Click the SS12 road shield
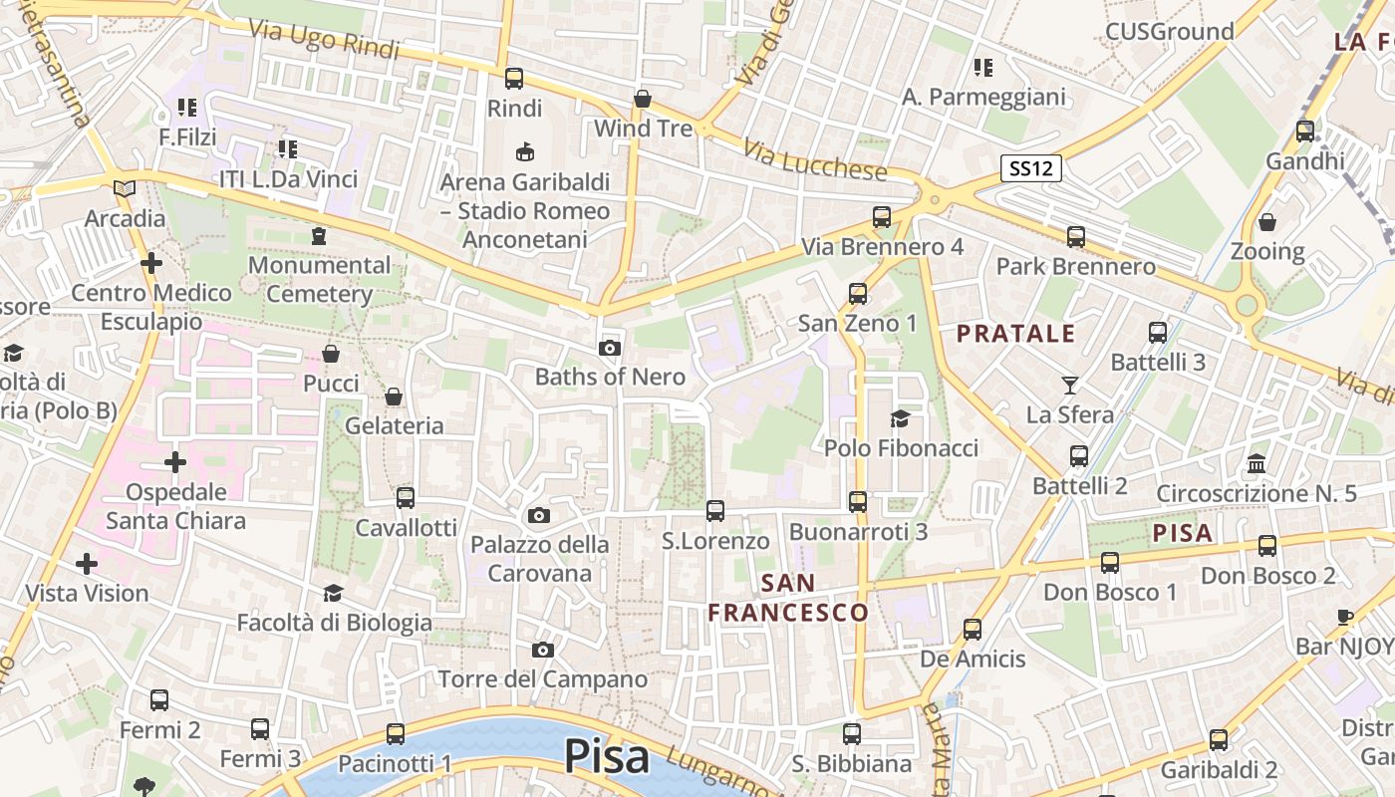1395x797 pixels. point(1031,168)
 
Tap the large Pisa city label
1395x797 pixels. point(607,756)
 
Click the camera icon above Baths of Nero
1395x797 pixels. point(610,348)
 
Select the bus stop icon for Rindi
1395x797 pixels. point(514,78)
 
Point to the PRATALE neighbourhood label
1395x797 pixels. point(1016,334)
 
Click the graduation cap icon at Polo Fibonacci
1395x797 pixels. point(901,418)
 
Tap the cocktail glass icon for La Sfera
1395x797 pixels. point(1070,385)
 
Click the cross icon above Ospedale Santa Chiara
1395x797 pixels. point(175,462)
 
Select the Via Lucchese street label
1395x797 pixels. point(815,158)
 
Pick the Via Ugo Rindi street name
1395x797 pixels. point(324,40)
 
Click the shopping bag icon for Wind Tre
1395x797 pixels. point(643,99)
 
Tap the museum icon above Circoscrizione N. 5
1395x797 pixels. point(1256,464)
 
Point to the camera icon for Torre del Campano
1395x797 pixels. point(543,650)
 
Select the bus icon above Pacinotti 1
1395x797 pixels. point(396,734)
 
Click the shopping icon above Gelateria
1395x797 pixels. point(394,397)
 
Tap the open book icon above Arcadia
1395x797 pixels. point(125,188)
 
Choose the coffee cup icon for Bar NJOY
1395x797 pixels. point(1344,617)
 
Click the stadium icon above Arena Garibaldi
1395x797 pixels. point(524,151)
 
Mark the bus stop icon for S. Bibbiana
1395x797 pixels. point(852,734)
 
